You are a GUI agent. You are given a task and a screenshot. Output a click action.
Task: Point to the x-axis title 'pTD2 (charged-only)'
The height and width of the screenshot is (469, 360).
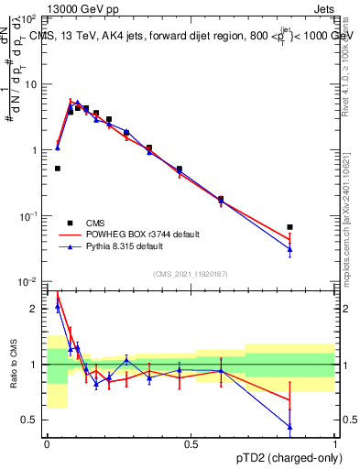click(x=285, y=456)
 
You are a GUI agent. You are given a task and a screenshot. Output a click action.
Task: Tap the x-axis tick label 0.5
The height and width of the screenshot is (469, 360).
click(x=191, y=444)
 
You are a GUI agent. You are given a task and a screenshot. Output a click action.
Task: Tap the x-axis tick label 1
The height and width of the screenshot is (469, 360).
click(x=335, y=444)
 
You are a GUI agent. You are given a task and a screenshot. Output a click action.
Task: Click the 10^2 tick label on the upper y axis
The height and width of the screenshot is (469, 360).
click(x=29, y=18)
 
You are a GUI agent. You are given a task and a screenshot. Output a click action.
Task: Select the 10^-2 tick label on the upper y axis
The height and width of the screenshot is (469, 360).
click(x=29, y=281)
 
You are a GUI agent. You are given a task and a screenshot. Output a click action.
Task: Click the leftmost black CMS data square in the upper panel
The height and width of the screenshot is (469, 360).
click(x=58, y=169)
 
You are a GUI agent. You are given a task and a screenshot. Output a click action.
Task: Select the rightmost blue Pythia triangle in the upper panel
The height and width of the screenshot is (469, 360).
click(x=289, y=249)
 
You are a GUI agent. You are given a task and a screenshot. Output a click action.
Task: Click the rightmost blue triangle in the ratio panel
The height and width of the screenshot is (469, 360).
click(x=289, y=427)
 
